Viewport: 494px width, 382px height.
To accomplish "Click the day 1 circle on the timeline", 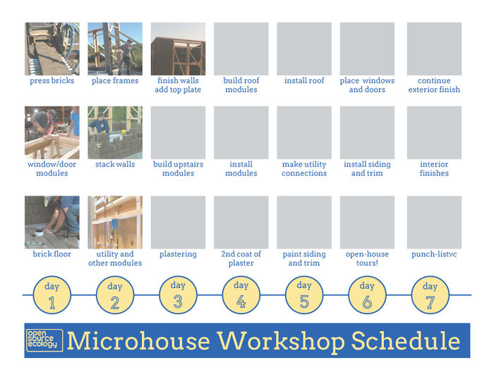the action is tap(52, 295).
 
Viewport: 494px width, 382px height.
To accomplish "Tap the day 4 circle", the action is tap(241, 295).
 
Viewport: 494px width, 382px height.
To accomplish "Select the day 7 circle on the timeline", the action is tap(430, 295).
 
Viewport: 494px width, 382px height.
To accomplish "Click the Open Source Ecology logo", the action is tap(44, 340).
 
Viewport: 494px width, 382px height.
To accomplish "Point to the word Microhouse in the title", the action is tap(138, 341).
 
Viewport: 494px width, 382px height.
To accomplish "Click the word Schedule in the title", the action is tap(406, 341).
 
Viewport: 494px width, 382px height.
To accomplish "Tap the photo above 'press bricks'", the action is tap(52, 49).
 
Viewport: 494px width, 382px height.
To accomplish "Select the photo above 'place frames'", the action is tap(115, 49).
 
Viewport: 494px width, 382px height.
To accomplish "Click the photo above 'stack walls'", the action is tap(115, 132).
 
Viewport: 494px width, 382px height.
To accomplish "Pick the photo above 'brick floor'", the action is tap(52, 222).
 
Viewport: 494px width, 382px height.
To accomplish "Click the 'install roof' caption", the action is tap(304, 80).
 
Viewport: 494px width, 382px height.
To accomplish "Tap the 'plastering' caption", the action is tap(178, 254).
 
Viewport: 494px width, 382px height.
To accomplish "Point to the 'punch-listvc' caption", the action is tap(434, 254).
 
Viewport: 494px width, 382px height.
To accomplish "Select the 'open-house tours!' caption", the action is tap(367, 258).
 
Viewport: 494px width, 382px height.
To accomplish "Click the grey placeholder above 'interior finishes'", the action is tap(434, 132).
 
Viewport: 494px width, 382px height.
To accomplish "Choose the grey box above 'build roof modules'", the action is tap(241, 49).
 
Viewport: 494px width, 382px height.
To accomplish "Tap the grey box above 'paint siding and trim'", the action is tap(304, 222).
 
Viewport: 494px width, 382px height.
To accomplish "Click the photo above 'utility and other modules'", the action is tap(115, 222).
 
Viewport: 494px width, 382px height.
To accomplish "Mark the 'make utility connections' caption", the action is tap(304, 169).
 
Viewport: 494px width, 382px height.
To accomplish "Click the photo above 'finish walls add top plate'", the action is tap(178, 49).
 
